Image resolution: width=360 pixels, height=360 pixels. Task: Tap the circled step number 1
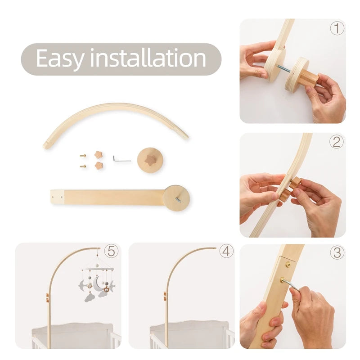[x=337, y=28]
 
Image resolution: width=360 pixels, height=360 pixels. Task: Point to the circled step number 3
[x=337, y=252]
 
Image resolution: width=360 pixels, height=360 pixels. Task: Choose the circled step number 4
[x=226, y=251]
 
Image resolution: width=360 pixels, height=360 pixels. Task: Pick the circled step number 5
[x=111, y=251]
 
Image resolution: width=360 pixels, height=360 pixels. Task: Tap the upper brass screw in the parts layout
[x=83, y=156]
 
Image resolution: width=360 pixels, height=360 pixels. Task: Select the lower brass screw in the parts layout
[x=83, y=166]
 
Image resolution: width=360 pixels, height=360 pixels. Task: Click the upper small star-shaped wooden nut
[x=99, y=155]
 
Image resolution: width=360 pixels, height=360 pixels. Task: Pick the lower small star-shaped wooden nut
[x=99, y=165]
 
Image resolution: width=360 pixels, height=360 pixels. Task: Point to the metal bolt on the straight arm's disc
[x=178, y=200]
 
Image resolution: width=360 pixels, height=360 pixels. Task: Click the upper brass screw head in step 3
[x=288, y=265]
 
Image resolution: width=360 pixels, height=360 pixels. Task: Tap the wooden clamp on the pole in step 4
[x=165, y=296]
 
